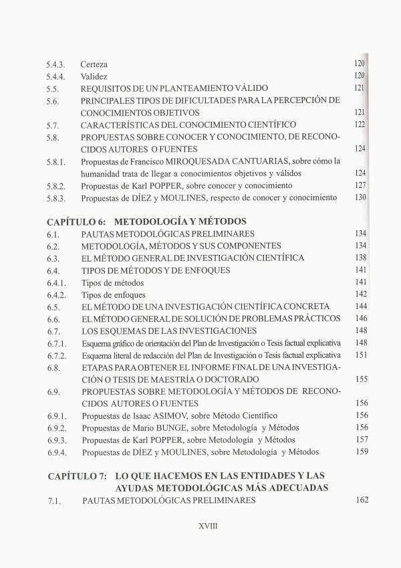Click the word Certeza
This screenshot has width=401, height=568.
tap(94, 64)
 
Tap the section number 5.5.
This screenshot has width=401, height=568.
tap(53, 88)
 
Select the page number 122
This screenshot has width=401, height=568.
tap(360, 125)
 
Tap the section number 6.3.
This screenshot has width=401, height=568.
tap(53, 258)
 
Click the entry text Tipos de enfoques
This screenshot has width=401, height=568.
tap(113, 295)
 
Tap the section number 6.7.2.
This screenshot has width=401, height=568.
tap(58, 355)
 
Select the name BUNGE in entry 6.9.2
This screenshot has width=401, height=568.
tap(180, 428)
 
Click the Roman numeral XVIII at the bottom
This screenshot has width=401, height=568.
tap(209, 526)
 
